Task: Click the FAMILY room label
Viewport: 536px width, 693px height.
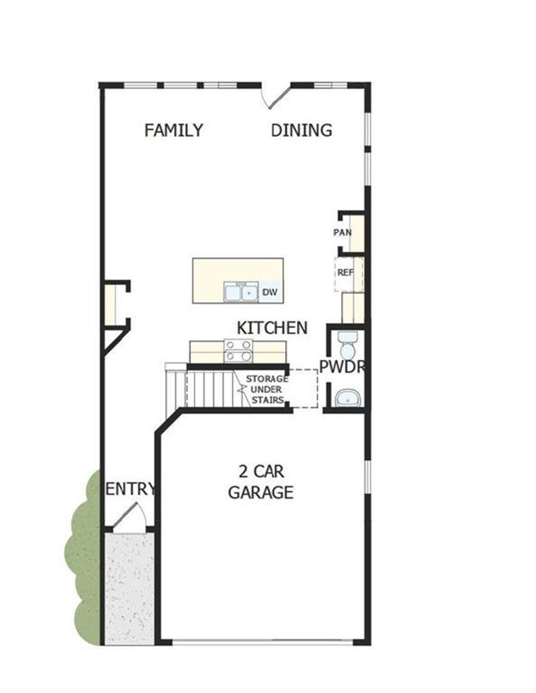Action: (173, 130)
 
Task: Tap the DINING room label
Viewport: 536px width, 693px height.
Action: (301, 130)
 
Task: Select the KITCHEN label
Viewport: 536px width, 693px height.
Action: (272, 328)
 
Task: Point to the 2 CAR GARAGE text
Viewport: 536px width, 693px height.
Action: (260, 482)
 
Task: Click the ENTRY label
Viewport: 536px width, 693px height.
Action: (130, 489)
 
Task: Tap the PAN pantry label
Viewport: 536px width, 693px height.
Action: (342, 232)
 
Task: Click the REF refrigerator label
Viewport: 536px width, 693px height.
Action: (345, 273)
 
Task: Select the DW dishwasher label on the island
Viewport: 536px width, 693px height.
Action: (270, 292)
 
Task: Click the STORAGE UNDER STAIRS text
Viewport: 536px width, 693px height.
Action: (267, 389)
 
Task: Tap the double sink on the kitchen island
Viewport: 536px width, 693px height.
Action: (240, 292)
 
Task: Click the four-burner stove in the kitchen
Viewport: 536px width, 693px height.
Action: (239, 350)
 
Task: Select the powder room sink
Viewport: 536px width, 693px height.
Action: (348, 398)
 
